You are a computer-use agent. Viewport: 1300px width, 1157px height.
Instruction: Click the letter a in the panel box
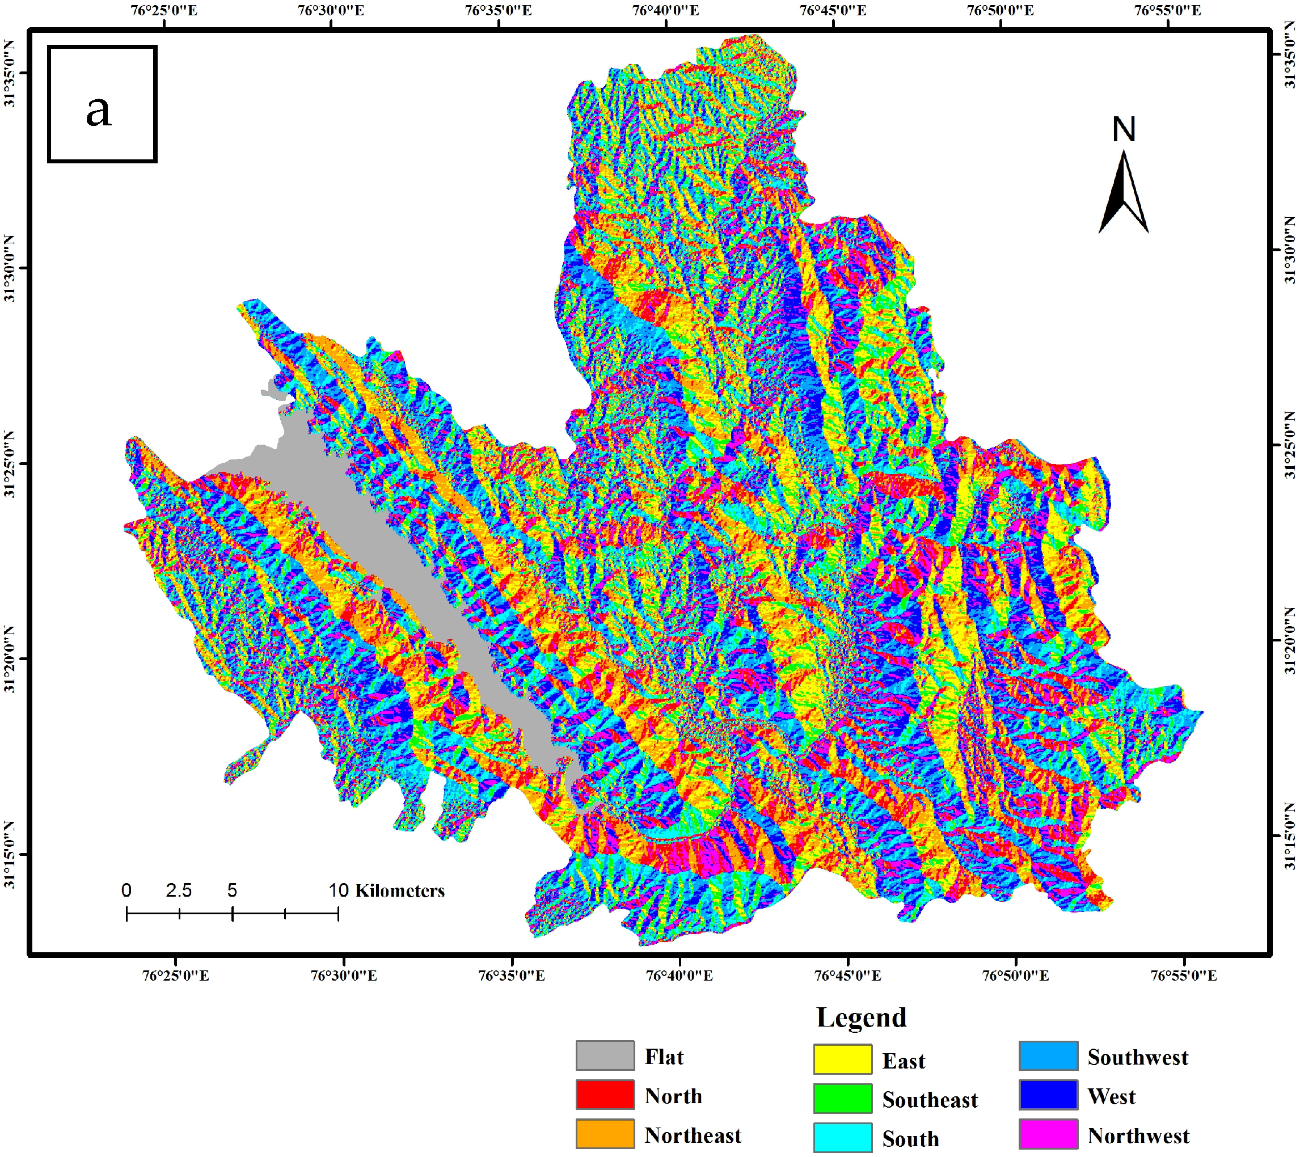click(99, 112)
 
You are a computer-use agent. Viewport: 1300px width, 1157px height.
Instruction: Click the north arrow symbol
click(1123, 194)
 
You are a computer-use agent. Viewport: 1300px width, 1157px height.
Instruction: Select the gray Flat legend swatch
click(605, 1056)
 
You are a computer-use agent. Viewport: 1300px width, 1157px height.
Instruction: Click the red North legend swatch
click(605, 1095)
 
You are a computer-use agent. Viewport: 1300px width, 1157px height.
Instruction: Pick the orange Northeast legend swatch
click(605, 1134)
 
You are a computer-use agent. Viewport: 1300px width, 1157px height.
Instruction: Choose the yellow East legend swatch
click(843, 1059)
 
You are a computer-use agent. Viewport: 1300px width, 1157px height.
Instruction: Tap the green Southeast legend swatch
click(843, 1099)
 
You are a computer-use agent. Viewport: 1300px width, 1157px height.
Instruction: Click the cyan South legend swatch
click(843, 1137)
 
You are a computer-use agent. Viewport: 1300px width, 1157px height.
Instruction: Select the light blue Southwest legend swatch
click(1048, 1056)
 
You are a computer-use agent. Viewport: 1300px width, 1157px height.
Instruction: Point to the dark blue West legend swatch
click(1048, 1095)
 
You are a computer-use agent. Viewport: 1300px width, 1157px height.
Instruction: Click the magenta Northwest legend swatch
click(1048, 1134)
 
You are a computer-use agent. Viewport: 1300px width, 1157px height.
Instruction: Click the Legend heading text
click(861, 1017)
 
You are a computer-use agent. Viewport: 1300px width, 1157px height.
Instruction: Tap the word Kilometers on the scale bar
click(399, 890)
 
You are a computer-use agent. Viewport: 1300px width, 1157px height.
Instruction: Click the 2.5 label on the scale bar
click(179, 890)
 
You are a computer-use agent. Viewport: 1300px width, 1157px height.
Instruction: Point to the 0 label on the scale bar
click(126, 890)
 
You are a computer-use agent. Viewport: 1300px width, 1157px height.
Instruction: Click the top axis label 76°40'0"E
click(665, 10)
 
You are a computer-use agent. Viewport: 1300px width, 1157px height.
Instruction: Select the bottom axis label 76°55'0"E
click(1184, 975)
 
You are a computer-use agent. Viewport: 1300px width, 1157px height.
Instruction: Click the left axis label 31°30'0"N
click(10, 268)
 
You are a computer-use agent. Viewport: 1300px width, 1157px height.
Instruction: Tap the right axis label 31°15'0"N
click(1289, 836)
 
